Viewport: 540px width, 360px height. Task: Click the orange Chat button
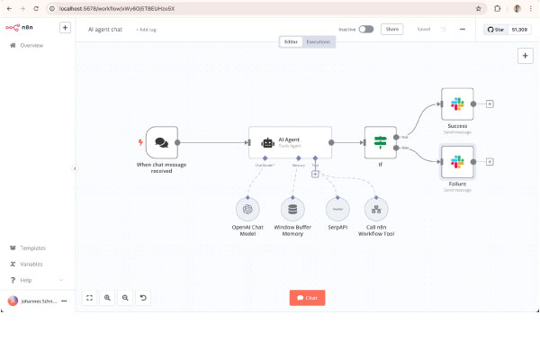point(307,297)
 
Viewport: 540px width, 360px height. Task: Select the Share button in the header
point(391,29)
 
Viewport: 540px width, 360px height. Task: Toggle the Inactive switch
point(365,29)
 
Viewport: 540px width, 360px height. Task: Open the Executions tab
point(318,41)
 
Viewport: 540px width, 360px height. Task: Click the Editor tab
point(291,41)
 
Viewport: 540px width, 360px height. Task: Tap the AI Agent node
point(290,142)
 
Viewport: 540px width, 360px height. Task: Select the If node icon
point(380,142)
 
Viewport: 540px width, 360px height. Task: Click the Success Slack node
point(457,103)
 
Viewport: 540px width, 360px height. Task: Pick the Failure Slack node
point(457,161)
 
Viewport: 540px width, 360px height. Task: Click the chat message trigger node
point(162,142)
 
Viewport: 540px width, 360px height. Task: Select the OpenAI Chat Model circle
point(247,210)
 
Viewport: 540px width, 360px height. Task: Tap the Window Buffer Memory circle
point(292,210)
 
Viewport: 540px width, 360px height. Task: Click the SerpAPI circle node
point(337,210)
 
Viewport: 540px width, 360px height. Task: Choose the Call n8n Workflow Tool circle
point(375,210)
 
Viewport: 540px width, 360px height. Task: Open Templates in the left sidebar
point(32,247)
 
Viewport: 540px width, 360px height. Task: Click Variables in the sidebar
point(31,264)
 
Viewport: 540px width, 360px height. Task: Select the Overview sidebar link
point(31,45)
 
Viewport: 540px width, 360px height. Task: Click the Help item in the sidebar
point(26,280)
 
